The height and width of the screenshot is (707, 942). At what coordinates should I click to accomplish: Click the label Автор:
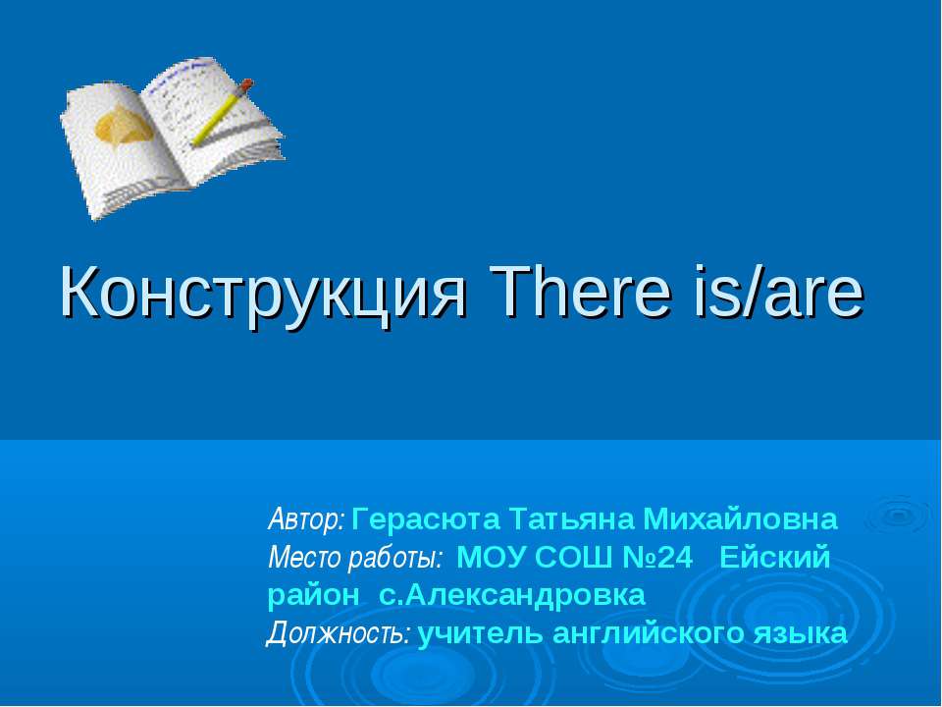click(x=306, y=517)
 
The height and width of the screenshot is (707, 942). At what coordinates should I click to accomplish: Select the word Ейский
click(x=775, y=559)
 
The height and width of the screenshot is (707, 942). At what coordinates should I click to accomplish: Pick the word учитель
click(x=480, y=634)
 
